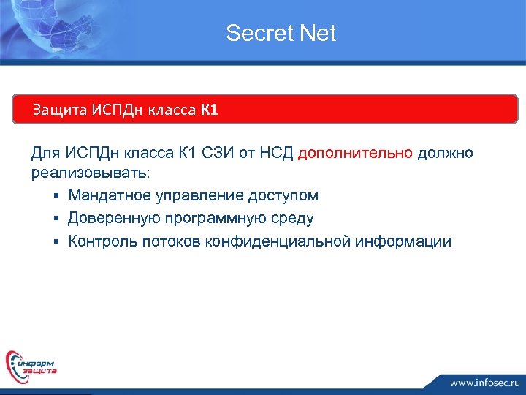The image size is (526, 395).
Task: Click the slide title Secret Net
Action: [x=281, y=33]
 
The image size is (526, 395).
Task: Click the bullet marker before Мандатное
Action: [x=56, y=196]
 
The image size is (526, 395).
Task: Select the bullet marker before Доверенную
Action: [x=56, y=219]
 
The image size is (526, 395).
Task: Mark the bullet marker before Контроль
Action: [x=56, y=241]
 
